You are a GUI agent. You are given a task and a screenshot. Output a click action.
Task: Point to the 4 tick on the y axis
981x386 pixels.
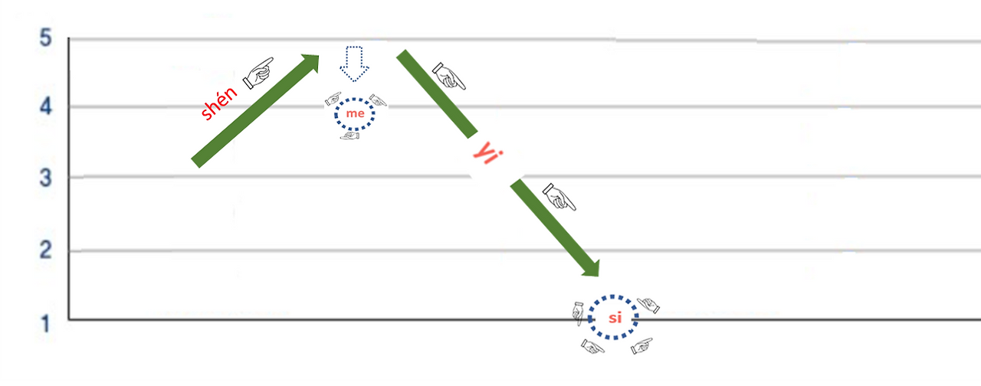tap(46, 107)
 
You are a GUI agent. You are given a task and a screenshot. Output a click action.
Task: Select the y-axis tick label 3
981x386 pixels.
tap(46, 178)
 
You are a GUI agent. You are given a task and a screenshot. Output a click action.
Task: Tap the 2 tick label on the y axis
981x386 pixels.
tap(46, 250)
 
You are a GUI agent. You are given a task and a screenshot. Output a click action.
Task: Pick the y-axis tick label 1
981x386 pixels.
tap(46, 323)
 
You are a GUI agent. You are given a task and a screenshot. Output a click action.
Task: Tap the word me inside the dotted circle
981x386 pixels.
tap(355, 114)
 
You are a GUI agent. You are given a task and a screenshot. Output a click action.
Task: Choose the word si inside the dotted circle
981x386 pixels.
tap(615, 319)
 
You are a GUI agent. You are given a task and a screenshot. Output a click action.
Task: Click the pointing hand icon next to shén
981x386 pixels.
tap(258, 72)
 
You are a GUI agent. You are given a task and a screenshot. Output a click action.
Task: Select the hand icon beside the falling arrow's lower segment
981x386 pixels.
tap(559, 197)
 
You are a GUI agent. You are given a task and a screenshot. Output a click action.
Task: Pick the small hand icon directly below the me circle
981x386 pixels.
tap(350, 136)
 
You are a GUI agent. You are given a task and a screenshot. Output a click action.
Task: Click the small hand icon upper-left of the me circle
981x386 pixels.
tap(333, 99)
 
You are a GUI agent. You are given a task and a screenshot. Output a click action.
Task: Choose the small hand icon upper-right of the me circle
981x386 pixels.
tap(378, 100)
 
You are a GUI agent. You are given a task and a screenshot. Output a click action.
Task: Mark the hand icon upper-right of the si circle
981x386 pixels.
tap(649, 305)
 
